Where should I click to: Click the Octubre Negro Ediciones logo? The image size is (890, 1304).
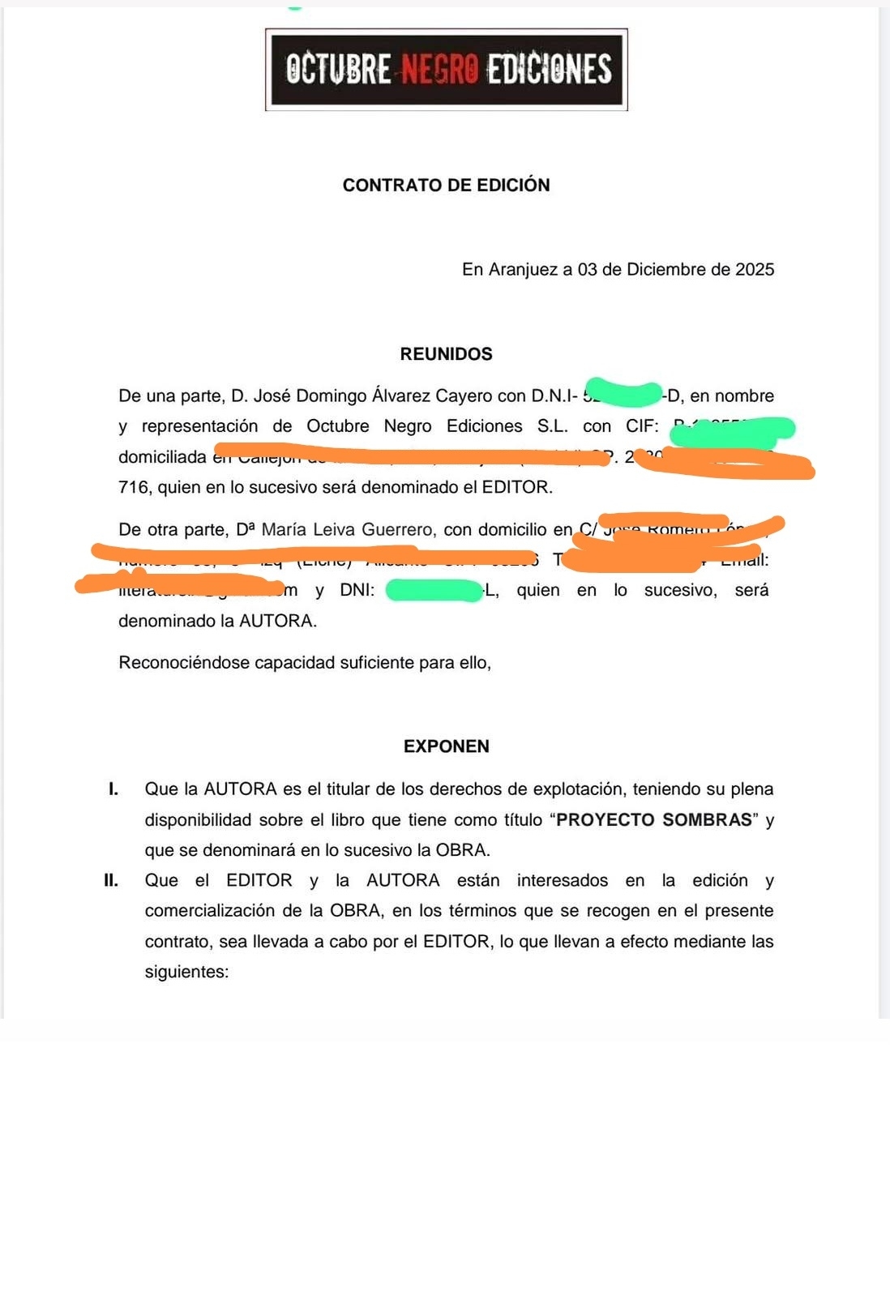tap(446, 70)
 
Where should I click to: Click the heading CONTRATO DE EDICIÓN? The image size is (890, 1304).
tap(446, 185)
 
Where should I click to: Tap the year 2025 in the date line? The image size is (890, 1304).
tap(755, 269)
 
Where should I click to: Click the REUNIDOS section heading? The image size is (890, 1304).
tap(446, 354)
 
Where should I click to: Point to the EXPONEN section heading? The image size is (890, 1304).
tap(446, 746)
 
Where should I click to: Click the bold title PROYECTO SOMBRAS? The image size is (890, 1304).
tap(654, 819)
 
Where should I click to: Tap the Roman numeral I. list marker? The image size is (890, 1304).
tap(113, 789)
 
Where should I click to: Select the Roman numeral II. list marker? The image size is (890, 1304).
tap(111, 880)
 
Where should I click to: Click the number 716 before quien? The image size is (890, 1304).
tap(134, 487)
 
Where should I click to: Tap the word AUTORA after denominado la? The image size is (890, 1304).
tap(276, 621)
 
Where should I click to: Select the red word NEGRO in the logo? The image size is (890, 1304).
tap(440, 70)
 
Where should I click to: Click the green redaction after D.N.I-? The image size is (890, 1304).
tap(623, 393)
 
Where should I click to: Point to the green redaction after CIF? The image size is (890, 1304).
tap(732, 430)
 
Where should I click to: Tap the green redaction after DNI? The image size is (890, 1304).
tap(434, 591)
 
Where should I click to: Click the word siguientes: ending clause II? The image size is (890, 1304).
tap(186, 972)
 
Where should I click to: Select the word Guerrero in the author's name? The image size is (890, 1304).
tap(397, 530)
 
